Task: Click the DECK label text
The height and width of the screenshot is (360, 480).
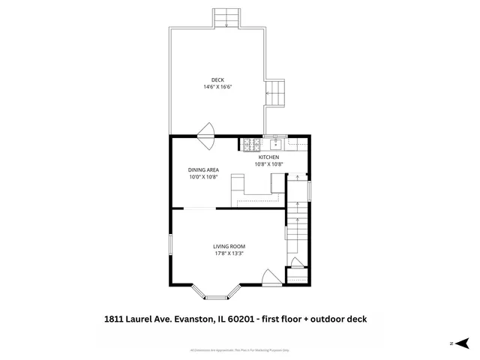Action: coord(217,80)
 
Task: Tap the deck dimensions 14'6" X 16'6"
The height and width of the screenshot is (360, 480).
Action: coord(217,87)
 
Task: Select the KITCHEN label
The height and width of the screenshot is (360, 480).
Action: coord(269,157)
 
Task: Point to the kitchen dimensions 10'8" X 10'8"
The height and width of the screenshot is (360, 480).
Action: coord(269,163)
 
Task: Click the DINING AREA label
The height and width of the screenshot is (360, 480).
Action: coord(202,169)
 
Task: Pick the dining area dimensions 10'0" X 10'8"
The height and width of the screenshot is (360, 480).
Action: coord(202,177)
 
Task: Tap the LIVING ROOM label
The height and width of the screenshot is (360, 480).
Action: coord(229,246)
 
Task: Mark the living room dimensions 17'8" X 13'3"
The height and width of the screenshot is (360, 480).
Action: coord(229,253)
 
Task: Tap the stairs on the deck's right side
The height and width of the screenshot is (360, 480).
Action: coord(276,93)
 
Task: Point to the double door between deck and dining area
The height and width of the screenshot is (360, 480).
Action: coord(206,130)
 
